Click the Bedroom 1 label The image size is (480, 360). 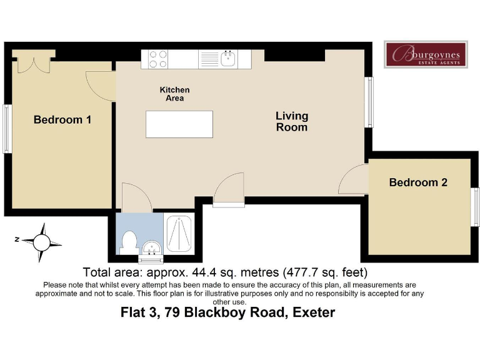[62, 120]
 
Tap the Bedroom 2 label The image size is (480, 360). [418, 182]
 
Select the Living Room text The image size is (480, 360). [292, 121]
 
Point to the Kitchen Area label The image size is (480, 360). [175, 94]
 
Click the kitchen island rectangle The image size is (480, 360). [179, 124]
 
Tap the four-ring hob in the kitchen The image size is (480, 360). [158, 59]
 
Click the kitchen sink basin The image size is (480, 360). [228, 59]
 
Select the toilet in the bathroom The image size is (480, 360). [129, 242]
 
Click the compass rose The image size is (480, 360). [42, 242]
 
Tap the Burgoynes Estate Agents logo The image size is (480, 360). [426, 54]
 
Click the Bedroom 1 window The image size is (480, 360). [6, 129]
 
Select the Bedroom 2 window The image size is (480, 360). [476, 207]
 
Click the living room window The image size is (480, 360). [369, 102]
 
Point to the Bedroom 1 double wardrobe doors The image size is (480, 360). [34, 65]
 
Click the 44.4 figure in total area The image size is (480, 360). [203, 272]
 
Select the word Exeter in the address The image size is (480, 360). [314, 312]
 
